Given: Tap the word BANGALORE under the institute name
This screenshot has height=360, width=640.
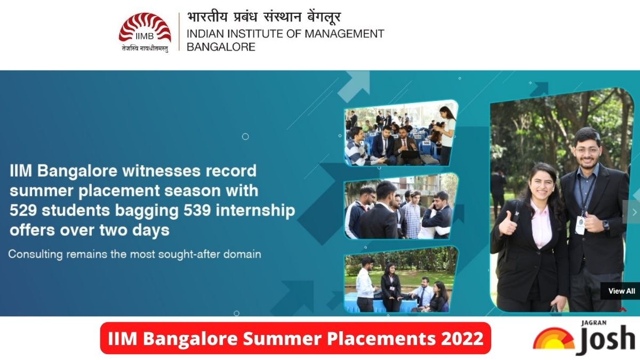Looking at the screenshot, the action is click(x=221, y=47).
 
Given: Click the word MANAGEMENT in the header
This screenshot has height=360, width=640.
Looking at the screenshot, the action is click(x=345, y=34).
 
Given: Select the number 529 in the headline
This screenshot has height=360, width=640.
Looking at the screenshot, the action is click(x=23, y=210).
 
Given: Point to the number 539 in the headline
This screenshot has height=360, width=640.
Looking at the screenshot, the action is click(x=197, y=210).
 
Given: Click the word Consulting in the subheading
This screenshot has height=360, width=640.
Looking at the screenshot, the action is click(x=35, y=254).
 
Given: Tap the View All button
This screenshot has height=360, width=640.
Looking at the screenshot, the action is click(x=621, y=291).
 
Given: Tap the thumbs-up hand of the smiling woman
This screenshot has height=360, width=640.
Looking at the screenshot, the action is click(x=508, y=223).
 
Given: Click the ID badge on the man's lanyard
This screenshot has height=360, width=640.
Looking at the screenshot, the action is click(x=580, y=225).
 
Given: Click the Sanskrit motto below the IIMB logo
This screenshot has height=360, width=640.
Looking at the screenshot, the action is click(x=145, y=49).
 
